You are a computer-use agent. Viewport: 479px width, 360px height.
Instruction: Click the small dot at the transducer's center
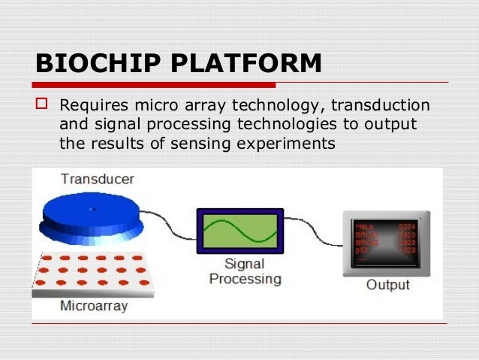(92, 208)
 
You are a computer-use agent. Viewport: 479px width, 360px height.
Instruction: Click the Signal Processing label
(245, 271)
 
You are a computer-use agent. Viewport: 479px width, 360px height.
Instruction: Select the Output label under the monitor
(387, 285)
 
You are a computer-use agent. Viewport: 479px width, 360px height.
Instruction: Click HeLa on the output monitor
(364, 225)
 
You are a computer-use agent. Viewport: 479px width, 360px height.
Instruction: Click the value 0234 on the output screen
(406, 225)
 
